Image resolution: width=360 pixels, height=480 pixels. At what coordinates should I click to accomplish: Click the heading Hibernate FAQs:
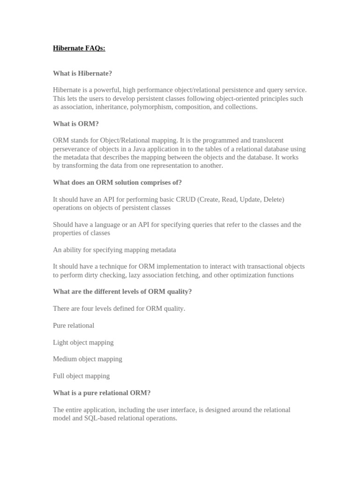tap(79, 48)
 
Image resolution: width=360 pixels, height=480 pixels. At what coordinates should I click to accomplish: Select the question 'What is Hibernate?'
tap(82, 74)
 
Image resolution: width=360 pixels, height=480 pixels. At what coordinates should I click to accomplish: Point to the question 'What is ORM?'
tap(75, 124)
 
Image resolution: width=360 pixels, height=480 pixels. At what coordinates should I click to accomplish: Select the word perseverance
tap(73, 149)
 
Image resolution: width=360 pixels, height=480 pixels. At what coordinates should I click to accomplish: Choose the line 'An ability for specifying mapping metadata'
tap(114, 250)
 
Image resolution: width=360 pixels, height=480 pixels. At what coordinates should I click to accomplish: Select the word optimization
tap(251, 275)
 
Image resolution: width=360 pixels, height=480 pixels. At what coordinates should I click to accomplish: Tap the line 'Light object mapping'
tap(83, 342)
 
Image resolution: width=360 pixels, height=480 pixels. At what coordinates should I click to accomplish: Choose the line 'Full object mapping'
tap(81, 376)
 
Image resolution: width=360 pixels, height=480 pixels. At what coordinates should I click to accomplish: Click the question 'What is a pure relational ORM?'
tap(102, 393)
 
